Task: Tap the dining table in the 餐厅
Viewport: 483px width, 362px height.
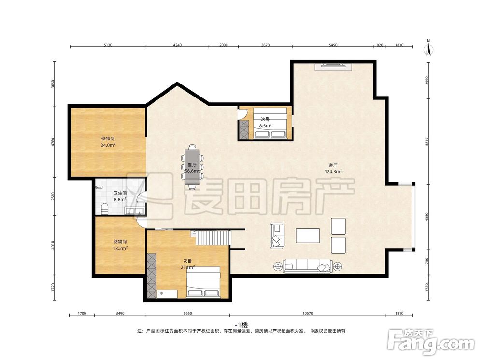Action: point(192,167)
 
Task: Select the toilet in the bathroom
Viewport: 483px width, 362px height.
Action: point(105,209)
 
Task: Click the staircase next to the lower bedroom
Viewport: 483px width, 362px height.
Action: point(213,237)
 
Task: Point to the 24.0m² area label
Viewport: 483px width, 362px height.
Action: point(108,145)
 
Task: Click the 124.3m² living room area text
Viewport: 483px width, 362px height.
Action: point(333,172)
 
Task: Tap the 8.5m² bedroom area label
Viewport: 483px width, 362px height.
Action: point(265,126)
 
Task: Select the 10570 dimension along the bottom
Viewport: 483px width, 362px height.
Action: point(307,314)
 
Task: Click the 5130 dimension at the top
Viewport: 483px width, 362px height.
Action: point(108,45)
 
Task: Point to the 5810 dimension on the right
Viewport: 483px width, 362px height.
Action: point(426,142)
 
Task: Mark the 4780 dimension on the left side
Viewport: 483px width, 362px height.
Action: point(53,142)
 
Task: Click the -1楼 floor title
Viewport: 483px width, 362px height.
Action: point(241,325)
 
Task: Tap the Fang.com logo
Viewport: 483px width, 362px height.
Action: point(431,342)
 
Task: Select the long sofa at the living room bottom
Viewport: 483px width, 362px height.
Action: point(308,265)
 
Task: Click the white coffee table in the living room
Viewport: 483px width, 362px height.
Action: point(308,236)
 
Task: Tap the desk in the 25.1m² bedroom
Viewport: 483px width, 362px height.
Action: point(167,294)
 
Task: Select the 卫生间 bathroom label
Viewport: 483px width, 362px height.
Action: point(120,193)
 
